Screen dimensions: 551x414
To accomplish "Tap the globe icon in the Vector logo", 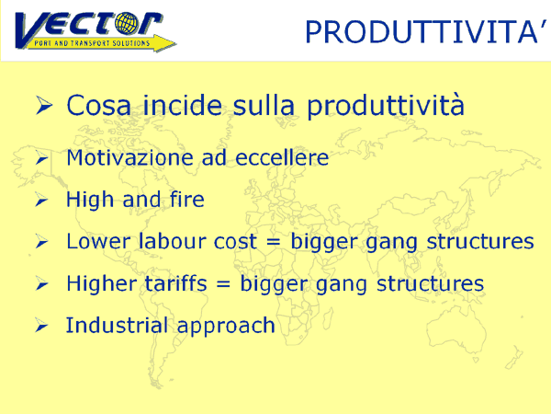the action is click(128, 24).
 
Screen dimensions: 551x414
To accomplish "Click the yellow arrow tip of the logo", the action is click(174, 43).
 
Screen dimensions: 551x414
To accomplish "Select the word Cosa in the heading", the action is click(99, 105).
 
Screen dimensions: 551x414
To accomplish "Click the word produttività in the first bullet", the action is click(386, 106).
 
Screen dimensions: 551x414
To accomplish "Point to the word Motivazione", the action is click(129, 157).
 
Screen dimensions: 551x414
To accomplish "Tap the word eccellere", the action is click(282, 157).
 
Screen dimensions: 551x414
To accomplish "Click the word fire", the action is click(187, 200).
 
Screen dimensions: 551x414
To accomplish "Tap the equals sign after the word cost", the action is click(274, 242).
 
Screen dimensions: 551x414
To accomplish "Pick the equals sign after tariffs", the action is click(223, 284).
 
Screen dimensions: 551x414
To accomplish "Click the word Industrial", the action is click(117, 325).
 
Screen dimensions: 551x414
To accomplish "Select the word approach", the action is click(226, 327).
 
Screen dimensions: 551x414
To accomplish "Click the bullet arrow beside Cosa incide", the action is click(44, 105).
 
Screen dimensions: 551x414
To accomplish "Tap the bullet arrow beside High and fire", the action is click(42, 200).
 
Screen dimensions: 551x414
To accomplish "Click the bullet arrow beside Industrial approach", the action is click(42, 326).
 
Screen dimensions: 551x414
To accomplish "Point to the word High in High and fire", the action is click(90, 201).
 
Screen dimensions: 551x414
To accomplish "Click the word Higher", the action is click(102, 284).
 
